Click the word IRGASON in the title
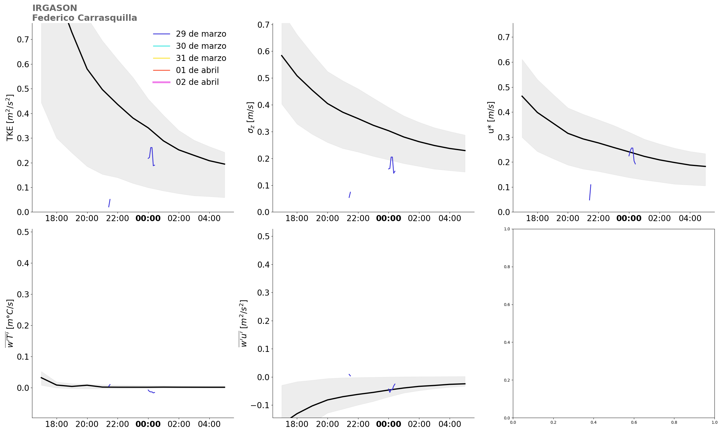coord(55,8)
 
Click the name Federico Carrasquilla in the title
coord(84,18)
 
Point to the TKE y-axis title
coord(10,117)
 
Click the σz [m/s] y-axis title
coord(250,117)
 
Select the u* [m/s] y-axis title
coord(491,117)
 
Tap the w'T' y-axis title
coord(10,323)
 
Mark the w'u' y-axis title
coord(243,323)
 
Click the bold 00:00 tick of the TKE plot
coord(148,219)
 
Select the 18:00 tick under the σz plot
coord(297,219)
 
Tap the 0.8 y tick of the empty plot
coord(507,267)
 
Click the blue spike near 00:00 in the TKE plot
coord(151,149)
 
